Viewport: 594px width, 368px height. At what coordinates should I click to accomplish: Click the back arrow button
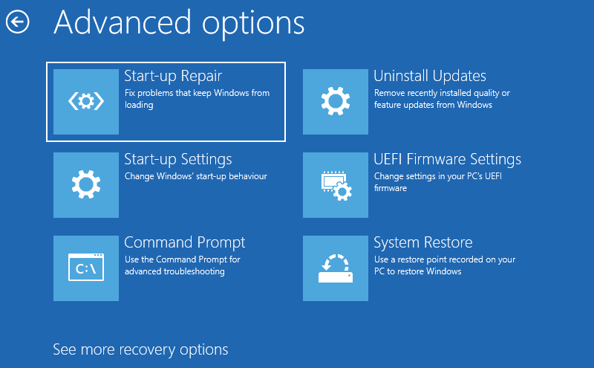(17, 22)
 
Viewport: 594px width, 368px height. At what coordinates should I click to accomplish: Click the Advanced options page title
(179, 24)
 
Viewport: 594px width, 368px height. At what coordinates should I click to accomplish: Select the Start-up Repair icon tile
(86, 102)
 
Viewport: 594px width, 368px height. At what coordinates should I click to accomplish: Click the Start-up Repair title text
(173, 77)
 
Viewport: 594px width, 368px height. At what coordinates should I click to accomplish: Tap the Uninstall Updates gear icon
(336, 101)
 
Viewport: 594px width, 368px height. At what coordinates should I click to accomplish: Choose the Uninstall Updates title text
(430, 76)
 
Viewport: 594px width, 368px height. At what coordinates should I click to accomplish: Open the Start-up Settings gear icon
(86, 185)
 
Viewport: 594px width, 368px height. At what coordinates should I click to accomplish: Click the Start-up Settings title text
(178, 160)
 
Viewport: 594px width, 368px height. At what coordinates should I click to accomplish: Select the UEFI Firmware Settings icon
(336, 185)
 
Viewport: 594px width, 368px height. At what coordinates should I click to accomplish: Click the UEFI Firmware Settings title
(448, 159)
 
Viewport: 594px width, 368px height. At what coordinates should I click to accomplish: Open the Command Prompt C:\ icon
(86, 268)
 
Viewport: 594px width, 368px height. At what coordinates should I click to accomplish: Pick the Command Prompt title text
(185, 243)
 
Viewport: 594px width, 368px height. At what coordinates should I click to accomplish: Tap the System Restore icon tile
(336, 268)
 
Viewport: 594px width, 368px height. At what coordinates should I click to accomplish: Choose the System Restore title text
(423, 242)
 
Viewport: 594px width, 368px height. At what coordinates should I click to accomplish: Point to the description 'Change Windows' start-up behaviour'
(196, 176)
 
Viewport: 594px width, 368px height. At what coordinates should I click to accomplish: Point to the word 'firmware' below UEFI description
(391, 188)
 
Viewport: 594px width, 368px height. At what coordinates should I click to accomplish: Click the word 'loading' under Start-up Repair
(139, 105)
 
